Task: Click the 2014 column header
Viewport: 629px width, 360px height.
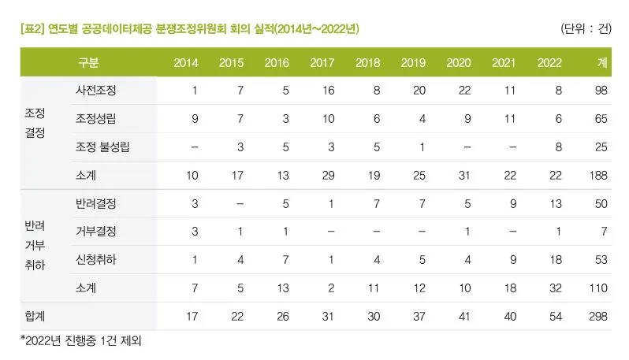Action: (186, 62)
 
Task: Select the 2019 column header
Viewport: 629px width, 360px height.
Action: (413, 62)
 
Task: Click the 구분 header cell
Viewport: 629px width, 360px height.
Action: (88, 62)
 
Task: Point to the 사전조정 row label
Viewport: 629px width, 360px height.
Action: (96, 91)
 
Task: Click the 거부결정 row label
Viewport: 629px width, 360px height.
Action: (96, 232)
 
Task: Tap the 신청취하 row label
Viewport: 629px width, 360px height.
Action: (96, 260)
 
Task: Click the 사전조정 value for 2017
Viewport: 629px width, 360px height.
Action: (328, 91)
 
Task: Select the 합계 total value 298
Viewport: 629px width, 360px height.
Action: (598, 316)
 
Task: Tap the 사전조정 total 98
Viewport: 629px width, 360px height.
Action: (601, 91)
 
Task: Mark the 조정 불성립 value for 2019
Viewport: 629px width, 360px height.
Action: (422, 147)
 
